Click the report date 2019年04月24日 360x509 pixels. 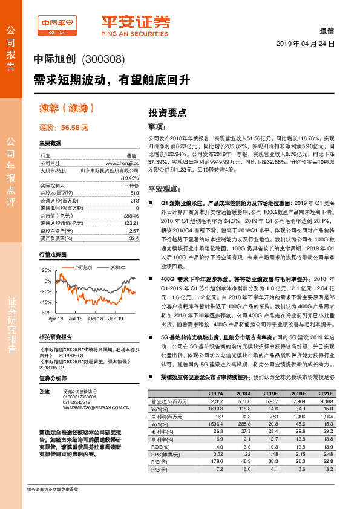pyautogui.click(x=306, y=45)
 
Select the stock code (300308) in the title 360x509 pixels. pyautogui.click(x=103, y=59)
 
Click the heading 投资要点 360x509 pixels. pyautogui.click(x=168, y=112)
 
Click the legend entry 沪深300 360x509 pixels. pyautogui.click(x=118, y=267)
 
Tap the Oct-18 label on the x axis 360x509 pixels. pyautogui.click(x=96, y=318)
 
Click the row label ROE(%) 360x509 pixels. pyautogui.click(x=160, y=446)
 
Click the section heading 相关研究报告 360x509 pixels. pyautogui.click(x=55, y=337)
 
